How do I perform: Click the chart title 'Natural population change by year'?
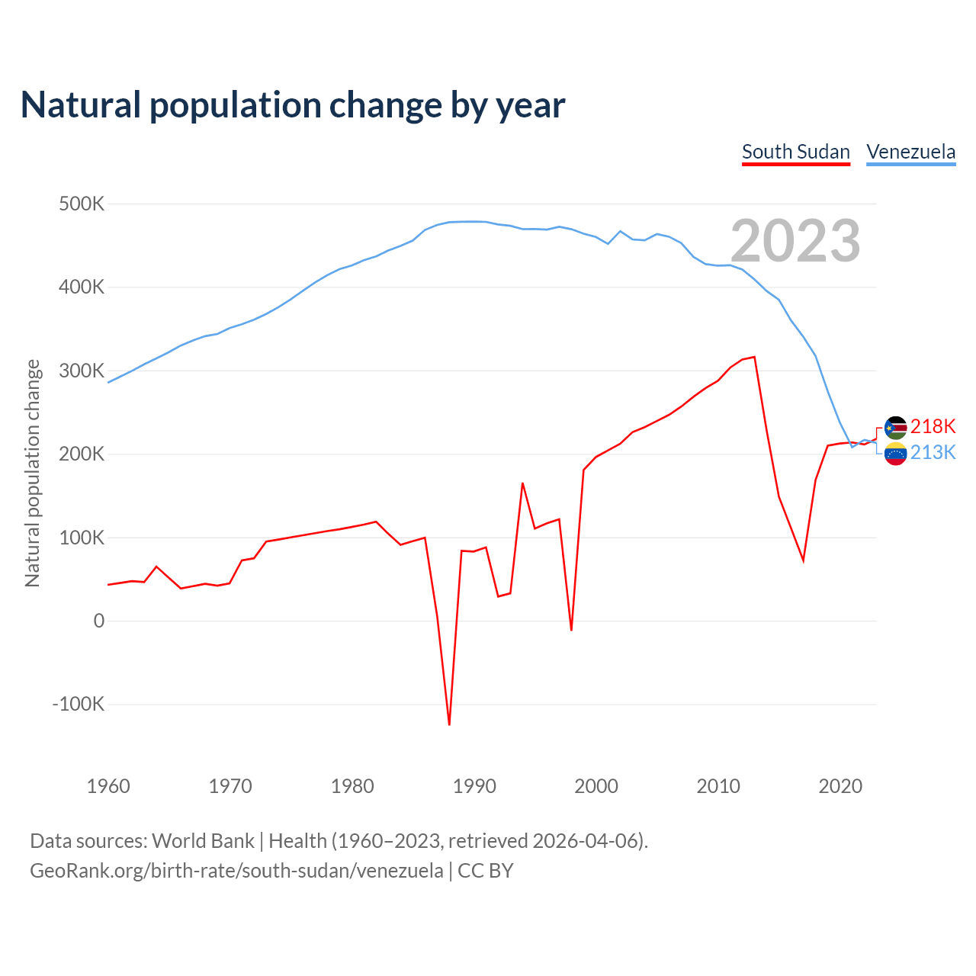click(293, 105)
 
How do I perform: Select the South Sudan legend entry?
click(795, 152)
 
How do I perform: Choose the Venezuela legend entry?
click(910, 152)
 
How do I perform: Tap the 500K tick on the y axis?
click(82, 204)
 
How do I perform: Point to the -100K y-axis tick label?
click(78, 704)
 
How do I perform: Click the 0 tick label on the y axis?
click(99, 621)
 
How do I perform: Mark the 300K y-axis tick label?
click(82, 371)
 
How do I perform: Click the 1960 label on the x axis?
click(108, 786)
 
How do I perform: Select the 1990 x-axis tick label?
click(474, 786)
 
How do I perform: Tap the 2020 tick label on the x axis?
click(840, 786)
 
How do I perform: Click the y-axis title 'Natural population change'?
click(32, 474)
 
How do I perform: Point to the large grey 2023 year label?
click(795, 241)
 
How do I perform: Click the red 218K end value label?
click(933, 426)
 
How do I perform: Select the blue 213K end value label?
click(933, 452)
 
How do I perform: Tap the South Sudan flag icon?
click(895, 428)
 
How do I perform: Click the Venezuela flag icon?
click(895, 454)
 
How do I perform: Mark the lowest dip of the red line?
click(449, 724)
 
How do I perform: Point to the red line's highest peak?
click(754, 357)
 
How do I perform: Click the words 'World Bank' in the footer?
click(203, 840)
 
